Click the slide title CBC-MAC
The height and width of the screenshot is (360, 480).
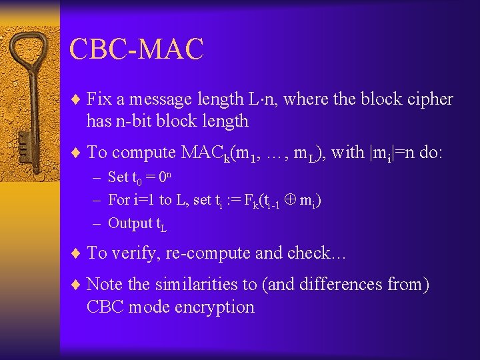coord(136,50)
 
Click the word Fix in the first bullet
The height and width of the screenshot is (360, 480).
coord(99,99)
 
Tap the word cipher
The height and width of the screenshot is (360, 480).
coord(428,99)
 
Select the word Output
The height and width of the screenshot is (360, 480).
coord(130,223)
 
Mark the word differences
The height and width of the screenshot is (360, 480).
coord(340,285)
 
